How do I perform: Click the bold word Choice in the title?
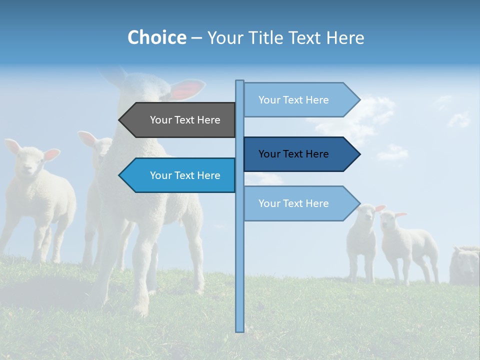click(x=156, y=37)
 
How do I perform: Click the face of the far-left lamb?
click(x=30, y=162)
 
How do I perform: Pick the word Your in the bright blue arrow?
click(x=160, y=175)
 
